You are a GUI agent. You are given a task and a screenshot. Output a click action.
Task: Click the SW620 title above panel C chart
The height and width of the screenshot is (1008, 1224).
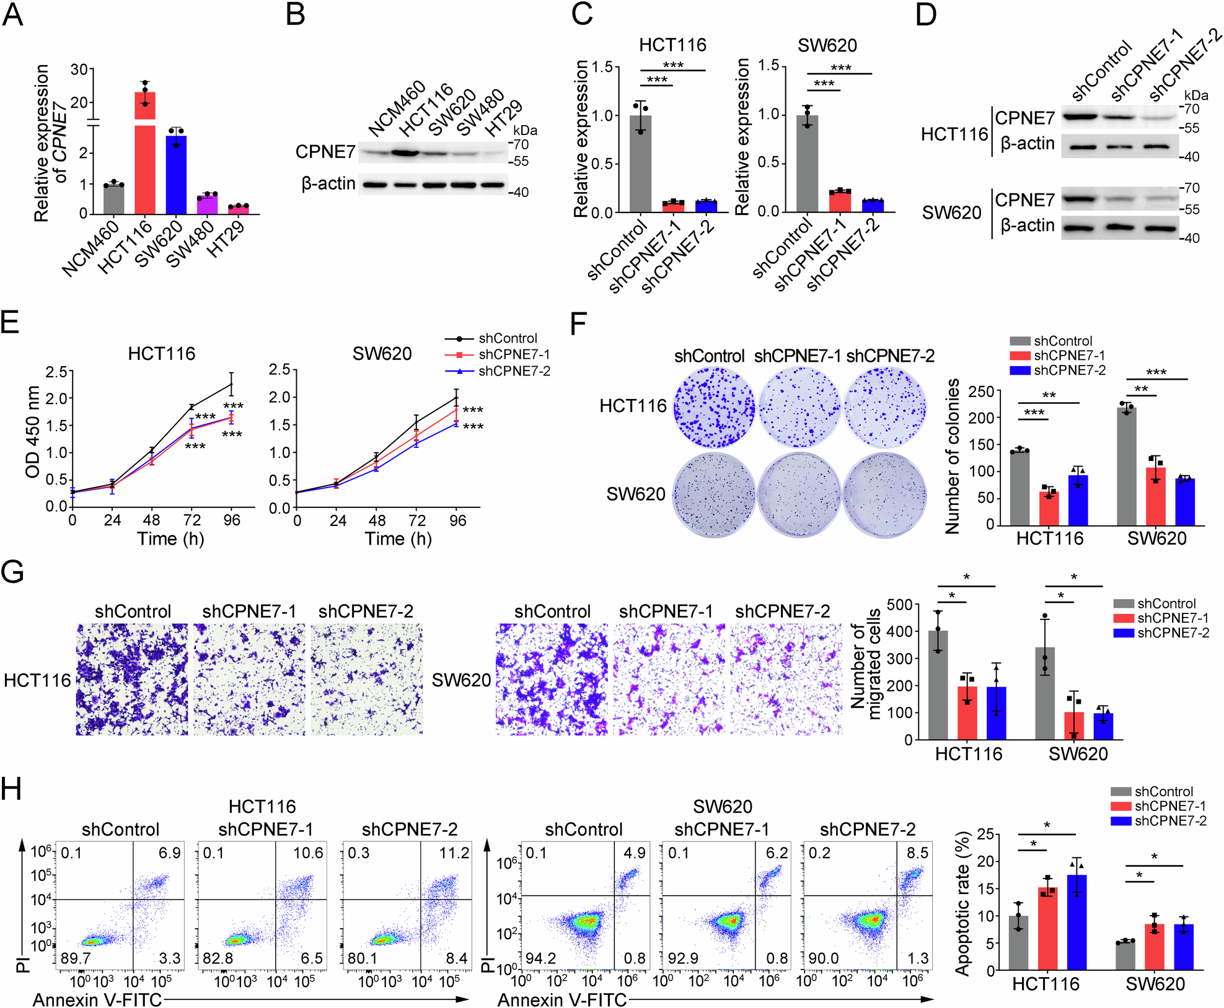827,45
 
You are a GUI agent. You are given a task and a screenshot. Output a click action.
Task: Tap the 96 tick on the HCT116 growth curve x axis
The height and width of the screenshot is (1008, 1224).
231,520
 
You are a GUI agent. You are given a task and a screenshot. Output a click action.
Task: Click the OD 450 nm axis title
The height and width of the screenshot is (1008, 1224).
32,432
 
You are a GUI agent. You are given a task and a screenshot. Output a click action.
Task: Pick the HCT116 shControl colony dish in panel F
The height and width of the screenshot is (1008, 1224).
714,407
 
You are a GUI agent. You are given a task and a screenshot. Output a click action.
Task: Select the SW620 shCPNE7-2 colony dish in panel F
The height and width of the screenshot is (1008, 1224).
884,495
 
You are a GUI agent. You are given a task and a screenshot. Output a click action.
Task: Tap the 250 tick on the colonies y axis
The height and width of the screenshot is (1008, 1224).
981,391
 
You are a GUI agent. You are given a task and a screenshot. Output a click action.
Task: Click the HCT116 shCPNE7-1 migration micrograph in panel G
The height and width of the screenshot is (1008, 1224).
249,680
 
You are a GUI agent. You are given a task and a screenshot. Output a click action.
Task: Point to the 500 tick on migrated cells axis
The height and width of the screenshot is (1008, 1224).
899,605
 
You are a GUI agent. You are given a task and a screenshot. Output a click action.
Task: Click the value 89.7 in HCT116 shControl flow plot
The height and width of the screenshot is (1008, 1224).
76,958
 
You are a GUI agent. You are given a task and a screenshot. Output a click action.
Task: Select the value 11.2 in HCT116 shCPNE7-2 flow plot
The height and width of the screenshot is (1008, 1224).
454,853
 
